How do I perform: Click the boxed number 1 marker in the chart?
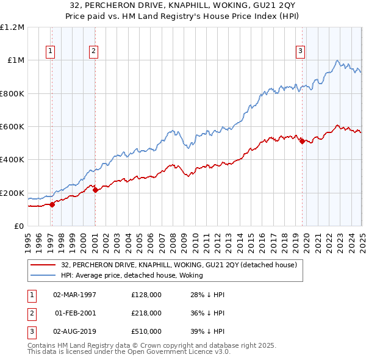point(49,52)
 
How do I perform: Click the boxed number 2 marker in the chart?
point(93,52)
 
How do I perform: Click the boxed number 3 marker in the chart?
point(301,52)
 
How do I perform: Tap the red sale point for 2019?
point(302,142)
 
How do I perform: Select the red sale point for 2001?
point(95,190)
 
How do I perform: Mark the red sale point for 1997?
point(52,204)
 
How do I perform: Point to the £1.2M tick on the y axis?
point(13,27)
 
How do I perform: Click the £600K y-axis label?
point(13,127)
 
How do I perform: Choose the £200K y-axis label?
point(13,193)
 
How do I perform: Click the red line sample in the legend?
point(43,265)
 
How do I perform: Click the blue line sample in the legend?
point(43,275)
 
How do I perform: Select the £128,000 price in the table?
point(146,294)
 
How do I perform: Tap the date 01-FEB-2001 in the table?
point(75,313)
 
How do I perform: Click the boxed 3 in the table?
point(30,331)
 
